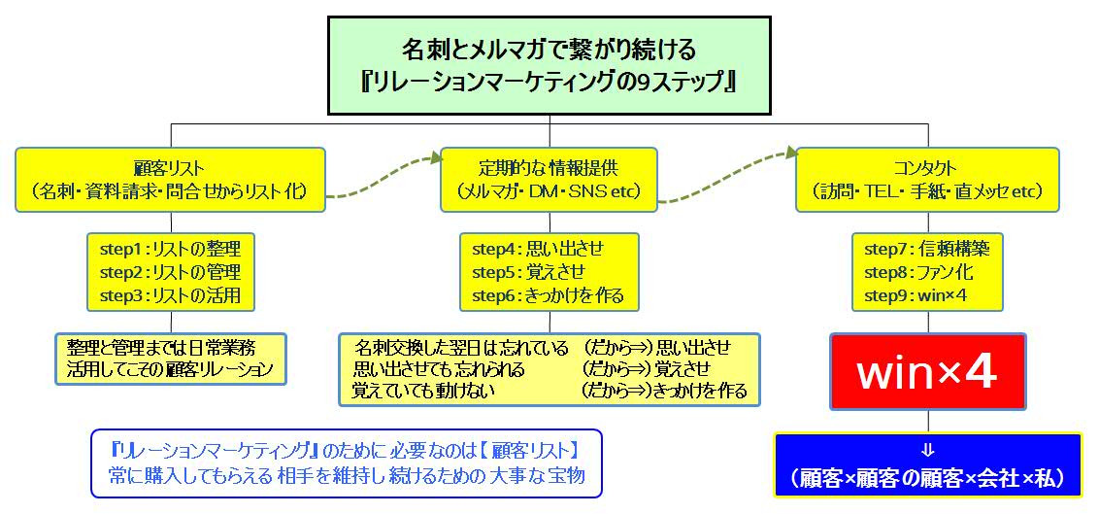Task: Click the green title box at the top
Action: (x=549, y=63)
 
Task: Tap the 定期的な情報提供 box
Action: (x=549, y=179)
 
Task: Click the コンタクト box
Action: (x=925, y=179)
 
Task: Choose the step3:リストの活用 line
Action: (x=170, y=294)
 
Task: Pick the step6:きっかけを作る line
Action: (x=548, y=294)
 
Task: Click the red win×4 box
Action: (x=927, y=372)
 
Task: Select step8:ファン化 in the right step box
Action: (x=917, y=271)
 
